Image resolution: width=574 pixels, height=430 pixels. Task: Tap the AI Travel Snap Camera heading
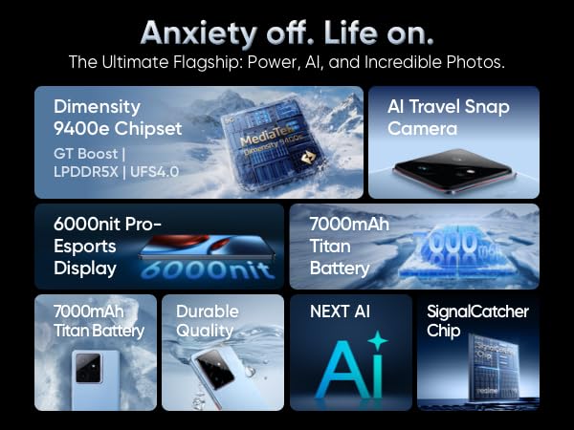(449, 118)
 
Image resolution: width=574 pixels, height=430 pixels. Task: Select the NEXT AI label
(340, 312)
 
